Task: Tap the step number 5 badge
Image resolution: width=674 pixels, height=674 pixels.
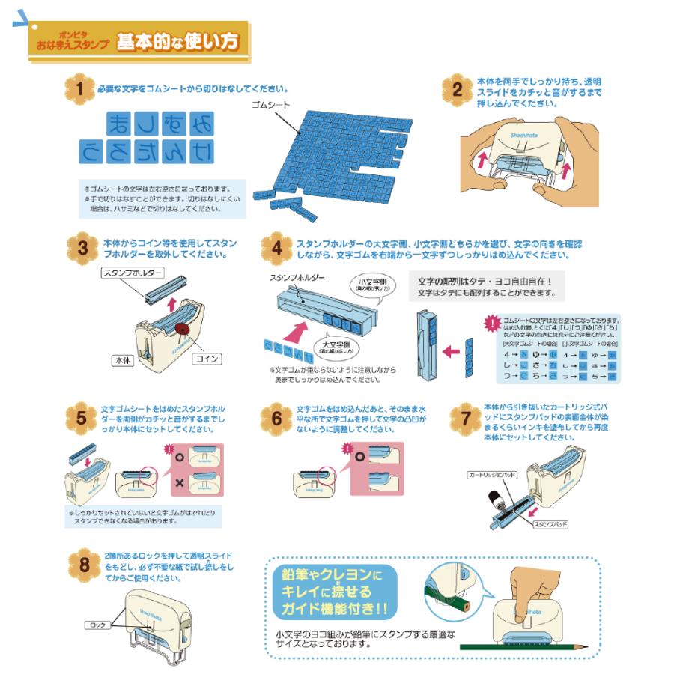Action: pyautogui.click(x=80, y=418)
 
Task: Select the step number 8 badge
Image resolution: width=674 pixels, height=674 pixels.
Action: pyautogui.click(x=80, y=564)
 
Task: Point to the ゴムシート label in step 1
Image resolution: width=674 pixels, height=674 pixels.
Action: pyautogui.click(x=271, y=106)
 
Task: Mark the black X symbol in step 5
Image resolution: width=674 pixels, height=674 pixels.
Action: pyautogui.click(x=180, y=484)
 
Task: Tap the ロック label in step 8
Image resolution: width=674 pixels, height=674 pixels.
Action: pyautogui.click(x=98, y=624)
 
